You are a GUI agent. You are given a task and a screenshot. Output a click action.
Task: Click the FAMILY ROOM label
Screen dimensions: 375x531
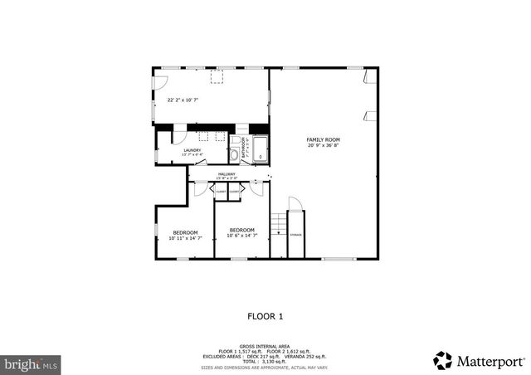coord(323,139)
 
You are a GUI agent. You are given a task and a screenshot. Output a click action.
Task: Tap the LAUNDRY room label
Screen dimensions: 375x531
coord(192,150)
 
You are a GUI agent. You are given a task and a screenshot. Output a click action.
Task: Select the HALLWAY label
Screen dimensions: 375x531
coord(227,174)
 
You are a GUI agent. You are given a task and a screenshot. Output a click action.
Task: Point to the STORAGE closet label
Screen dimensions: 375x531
coord(296,236)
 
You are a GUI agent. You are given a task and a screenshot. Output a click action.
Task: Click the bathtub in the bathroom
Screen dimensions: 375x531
coord(260,149)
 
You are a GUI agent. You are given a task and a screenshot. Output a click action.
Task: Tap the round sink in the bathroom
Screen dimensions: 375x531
coord(236,153)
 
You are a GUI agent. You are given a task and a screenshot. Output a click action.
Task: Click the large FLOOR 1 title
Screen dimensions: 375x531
coord(265,316)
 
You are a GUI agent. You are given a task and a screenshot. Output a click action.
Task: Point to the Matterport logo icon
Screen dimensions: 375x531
coord(442,360)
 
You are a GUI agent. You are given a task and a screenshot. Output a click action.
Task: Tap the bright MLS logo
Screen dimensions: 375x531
coord(31,363)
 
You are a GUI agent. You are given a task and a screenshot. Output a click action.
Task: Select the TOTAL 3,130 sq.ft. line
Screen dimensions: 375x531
coord(265,362)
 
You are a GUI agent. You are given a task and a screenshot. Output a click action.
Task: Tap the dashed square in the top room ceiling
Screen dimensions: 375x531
coord(218,77)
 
